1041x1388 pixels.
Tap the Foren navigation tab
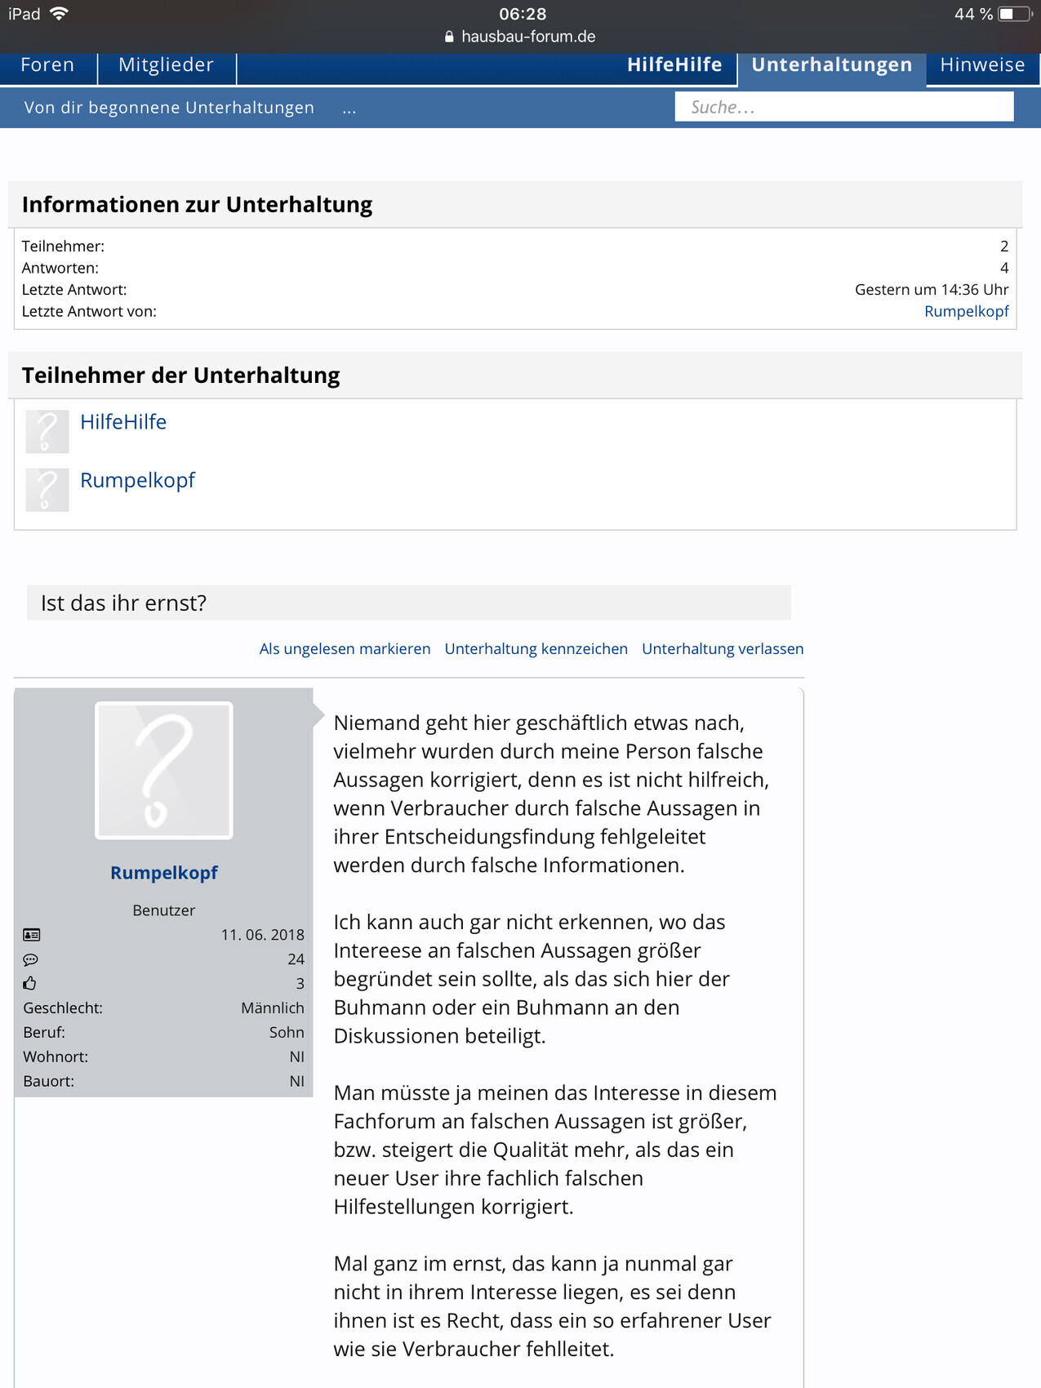[47, 65]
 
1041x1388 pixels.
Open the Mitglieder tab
[166, 65]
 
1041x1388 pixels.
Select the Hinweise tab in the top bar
[981, 65]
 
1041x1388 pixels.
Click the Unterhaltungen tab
[831, 65]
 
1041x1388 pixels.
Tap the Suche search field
[843, 107]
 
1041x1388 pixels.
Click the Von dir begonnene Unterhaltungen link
[169, 108]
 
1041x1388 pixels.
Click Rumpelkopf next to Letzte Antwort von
[966, 311]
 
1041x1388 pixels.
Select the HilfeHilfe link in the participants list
[123, 422]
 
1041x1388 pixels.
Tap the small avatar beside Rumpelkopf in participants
[47, 490]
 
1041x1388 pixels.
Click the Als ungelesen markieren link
[345, 649]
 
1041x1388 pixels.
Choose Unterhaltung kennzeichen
[536, 649]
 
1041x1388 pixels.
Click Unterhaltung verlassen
[723, 649]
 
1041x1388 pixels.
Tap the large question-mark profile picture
[164, 771]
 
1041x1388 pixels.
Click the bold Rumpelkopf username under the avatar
[164, 873]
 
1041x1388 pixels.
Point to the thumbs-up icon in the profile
[30, 984]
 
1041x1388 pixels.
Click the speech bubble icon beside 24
[31, 959]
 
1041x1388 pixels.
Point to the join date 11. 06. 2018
[262, 935]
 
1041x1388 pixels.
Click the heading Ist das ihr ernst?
[124, 603]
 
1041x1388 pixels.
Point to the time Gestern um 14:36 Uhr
[931, 290]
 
